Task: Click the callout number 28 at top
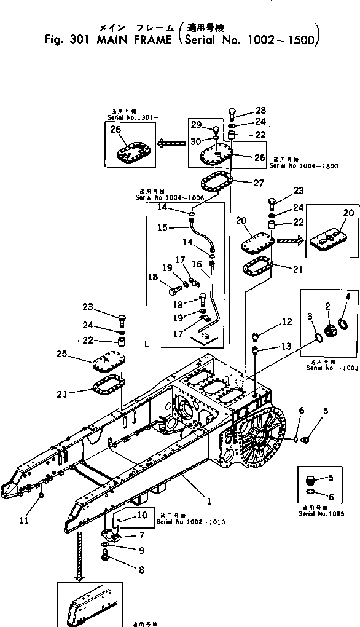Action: [260, 111]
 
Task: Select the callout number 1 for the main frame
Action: [209, 501]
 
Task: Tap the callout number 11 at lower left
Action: [23, 521]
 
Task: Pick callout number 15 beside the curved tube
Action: [163, 227]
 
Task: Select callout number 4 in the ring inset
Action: [347, 296]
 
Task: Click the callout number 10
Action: [142, 515]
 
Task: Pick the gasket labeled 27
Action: [216, 183]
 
